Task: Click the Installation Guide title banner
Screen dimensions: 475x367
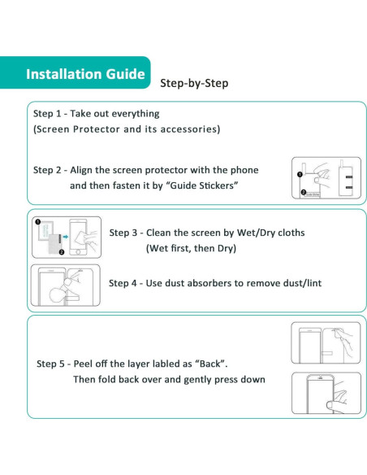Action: [x=85, y=74]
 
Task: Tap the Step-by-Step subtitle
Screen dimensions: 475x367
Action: [x=194, y=83]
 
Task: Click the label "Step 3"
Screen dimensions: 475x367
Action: [x=126, y=232]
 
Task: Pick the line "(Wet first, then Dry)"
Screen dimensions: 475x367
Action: [x=191, y=248]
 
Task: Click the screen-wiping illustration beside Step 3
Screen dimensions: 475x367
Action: [x=66, y=237]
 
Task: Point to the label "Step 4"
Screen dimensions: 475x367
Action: [x=126, y=283]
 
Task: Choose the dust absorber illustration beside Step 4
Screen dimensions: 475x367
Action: [x=66, y=285]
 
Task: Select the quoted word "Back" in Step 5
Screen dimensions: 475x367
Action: [x=208, y=363]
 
